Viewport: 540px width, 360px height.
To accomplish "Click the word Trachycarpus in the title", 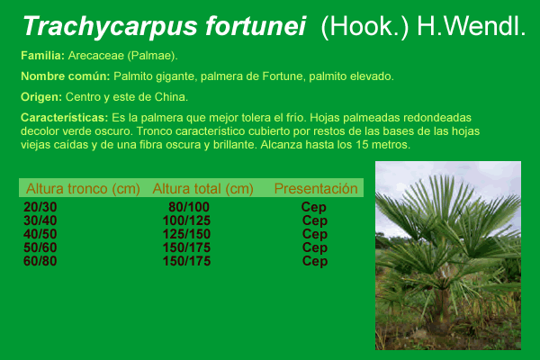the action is click(110, 26).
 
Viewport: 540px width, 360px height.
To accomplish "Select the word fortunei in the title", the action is click(256, 26).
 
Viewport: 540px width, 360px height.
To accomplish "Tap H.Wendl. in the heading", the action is click(471, 26).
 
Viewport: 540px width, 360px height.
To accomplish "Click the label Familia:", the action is click(42, 56).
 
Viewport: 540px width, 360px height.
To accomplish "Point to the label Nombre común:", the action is click(66, 76).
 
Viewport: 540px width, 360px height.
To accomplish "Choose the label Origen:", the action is click(41, 97).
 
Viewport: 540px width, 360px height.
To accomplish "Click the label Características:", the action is click(65, 118).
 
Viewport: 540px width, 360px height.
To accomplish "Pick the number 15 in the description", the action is click(363, 145).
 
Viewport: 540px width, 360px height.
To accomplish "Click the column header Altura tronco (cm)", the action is click(83, 189).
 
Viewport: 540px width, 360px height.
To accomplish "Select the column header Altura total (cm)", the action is click(202, 189).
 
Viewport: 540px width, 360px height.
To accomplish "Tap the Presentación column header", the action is click(316, 188).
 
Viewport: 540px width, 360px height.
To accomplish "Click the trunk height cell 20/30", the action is click(40, 207).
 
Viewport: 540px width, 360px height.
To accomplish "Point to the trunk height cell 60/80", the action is click(40, 261).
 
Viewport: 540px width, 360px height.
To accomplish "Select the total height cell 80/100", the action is click(189, 207).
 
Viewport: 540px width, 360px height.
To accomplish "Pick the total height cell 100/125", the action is click(186, 220).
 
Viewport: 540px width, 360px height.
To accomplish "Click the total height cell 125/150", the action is click(186, 234).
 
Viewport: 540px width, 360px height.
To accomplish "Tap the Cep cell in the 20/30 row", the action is click(314, 207).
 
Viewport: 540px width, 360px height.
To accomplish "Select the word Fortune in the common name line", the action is click(283, 76).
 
